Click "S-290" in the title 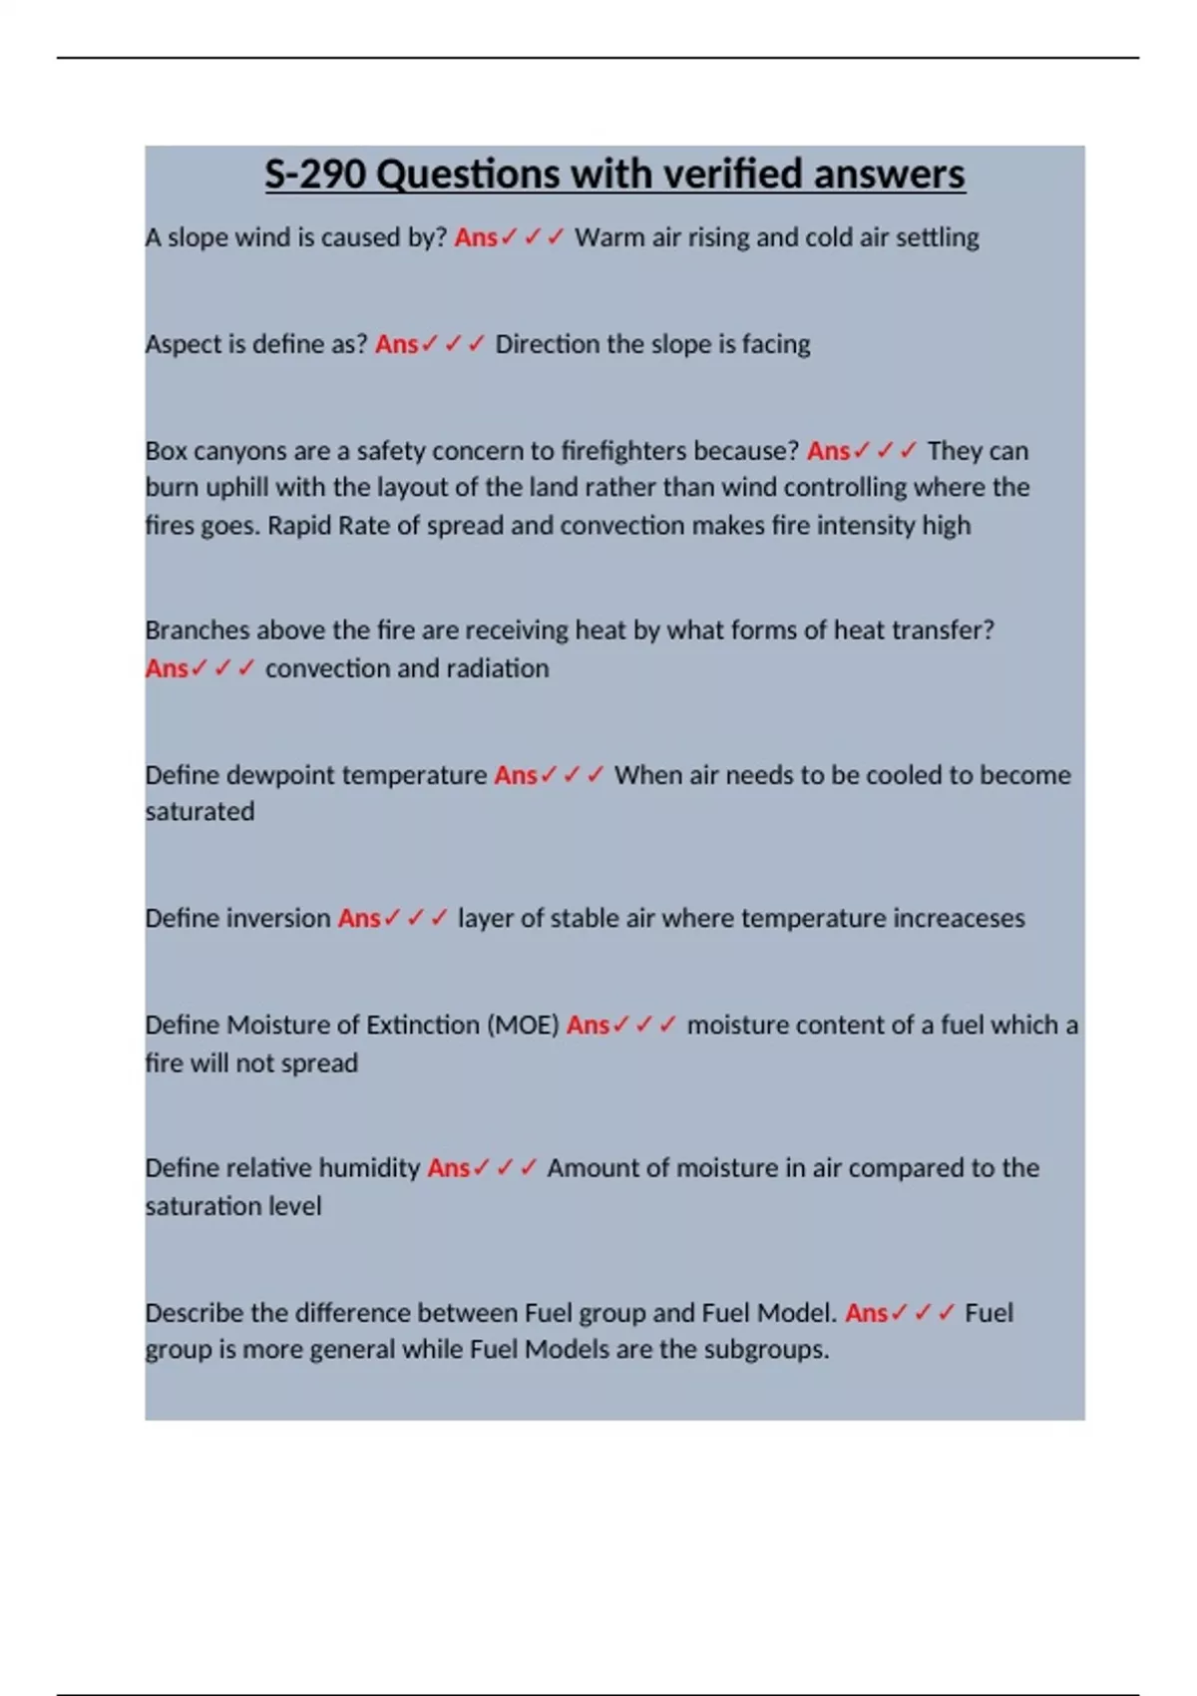(x=315, y=175)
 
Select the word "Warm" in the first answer (x=608, y=237)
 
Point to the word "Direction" (x=548, y=344)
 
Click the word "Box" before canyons (x=166, y=451)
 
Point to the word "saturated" (x=199, y=812)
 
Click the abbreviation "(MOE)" (x=523, y=1026)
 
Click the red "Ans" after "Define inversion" (x=358, y=919)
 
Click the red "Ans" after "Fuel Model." (x=866, y=1313)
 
